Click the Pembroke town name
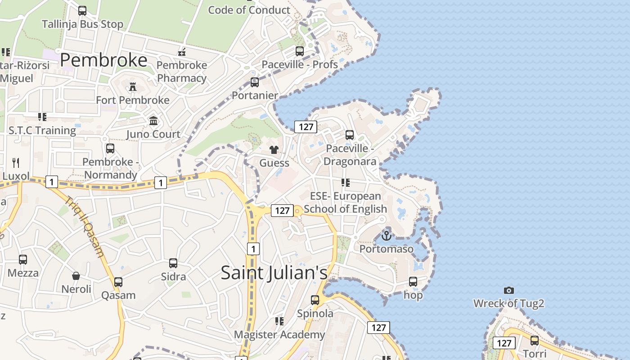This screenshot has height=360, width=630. click(103, 60)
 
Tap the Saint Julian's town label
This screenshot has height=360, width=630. click(274, 273)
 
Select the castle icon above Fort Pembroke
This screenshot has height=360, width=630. click(133, 86)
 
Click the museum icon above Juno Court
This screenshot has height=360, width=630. click(153, 121)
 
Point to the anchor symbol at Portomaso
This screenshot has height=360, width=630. click(387, 235)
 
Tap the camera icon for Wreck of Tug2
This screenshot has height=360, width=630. click(509, 290)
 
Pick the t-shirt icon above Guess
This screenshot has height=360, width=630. click(274, 149)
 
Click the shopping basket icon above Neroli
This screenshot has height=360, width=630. click(76, 275)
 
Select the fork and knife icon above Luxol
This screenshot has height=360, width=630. click(16, 162)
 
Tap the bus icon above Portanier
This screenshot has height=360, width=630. click(255, 82)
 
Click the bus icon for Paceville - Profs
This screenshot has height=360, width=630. click(300, 51)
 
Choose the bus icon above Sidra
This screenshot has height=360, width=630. click(173, 263)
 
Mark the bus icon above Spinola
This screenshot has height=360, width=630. click(315, 300)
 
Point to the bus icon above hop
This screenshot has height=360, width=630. click(413, 282)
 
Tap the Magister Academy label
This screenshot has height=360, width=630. click(279, 334)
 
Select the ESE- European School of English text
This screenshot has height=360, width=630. click(346, 202)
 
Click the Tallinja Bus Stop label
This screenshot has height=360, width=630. click(82, 24)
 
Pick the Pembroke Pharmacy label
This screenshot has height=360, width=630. click(182, 72)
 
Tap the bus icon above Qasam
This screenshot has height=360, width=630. click(118, 282)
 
